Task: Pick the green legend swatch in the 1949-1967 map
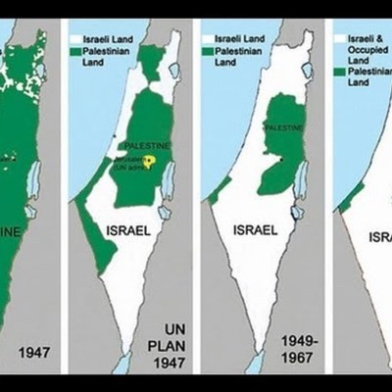click(x=207, y=51)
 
